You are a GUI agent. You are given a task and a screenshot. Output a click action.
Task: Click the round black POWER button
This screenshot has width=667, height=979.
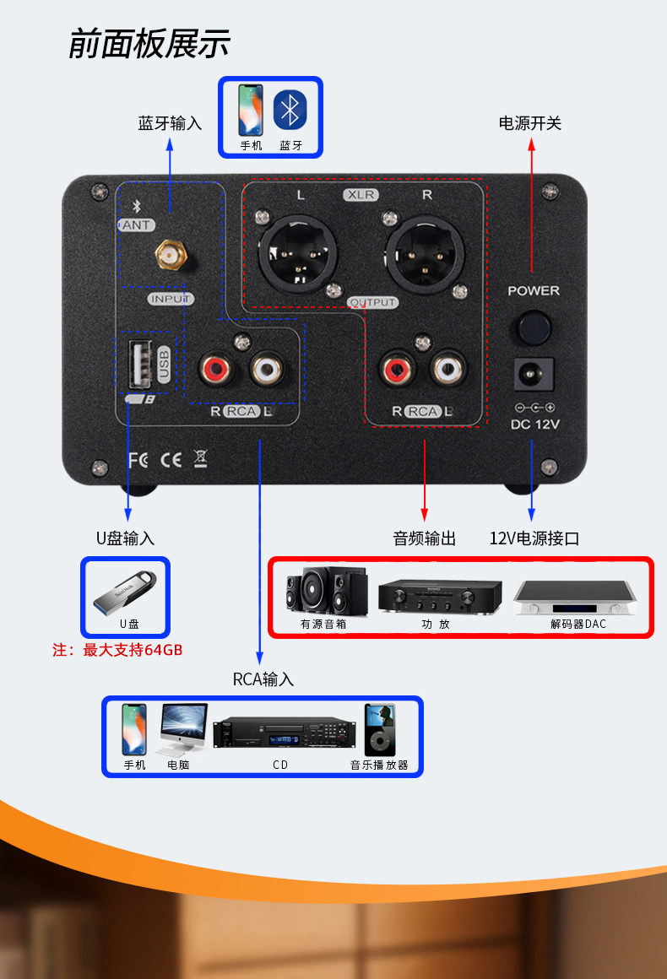[534, 327]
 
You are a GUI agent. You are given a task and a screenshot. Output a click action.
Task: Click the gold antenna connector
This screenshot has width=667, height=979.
[170, 254]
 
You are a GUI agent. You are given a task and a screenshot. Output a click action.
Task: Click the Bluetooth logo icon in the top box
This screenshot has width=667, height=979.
[290, 111]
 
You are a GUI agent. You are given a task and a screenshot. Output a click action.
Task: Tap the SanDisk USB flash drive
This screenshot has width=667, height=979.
[125, 595]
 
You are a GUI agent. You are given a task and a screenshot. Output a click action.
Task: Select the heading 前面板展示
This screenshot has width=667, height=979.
[149, 44]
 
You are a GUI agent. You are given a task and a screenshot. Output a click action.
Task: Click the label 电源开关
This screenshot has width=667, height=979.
[530, 123]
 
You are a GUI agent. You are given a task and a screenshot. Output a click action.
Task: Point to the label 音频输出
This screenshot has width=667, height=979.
[424, 538]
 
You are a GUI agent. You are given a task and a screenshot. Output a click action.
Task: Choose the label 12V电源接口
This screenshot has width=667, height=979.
[534, 538]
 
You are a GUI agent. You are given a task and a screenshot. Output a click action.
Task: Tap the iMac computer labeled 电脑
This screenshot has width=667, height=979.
[183, 728]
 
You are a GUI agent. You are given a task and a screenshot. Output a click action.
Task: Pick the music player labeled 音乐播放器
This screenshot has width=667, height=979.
[379, 730]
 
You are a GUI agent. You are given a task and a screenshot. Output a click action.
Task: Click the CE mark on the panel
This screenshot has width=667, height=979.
[171, 460]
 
